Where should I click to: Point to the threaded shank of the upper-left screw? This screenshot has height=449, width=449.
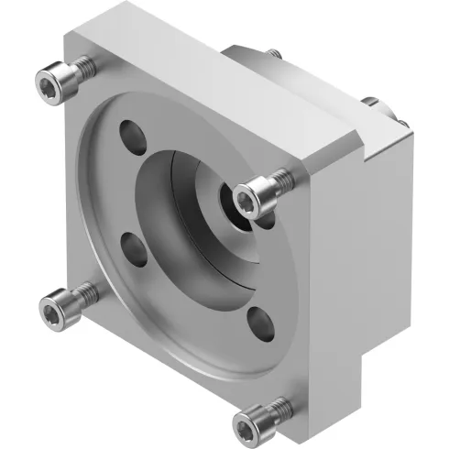click(x=81, y=67)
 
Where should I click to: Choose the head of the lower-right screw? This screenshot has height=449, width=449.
click(x=253, y=422)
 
